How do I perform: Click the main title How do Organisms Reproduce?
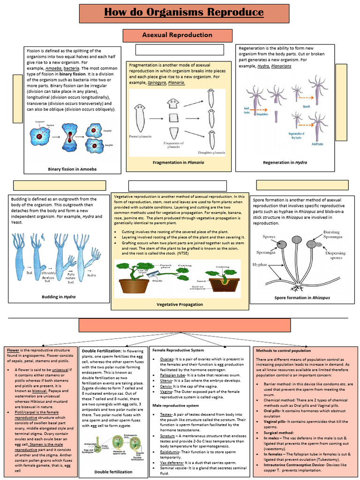coord(184,13)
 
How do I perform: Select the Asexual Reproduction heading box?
coord(177,35)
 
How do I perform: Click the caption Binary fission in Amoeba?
coord(72,169)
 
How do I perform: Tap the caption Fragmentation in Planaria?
coord(179,162)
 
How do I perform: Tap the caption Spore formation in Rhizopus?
coord(302,298)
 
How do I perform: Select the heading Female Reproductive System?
coord(178,350)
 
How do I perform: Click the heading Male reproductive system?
coord(175,405)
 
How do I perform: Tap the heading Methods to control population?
coord(283,350)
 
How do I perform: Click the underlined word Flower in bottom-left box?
coord(13,350)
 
